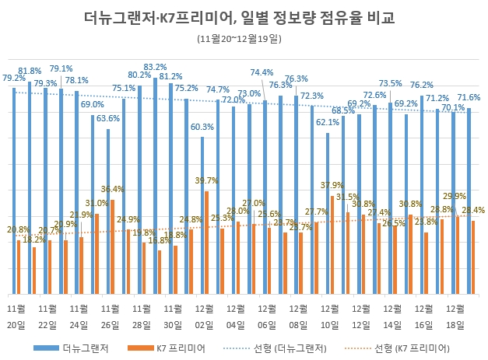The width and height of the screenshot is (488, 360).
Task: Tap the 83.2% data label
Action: pos(156,68)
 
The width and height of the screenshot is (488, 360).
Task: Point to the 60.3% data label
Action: pos(202,127)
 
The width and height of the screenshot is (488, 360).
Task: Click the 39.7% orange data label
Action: pos(206,181)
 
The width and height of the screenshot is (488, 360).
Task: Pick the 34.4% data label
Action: pos(112,189)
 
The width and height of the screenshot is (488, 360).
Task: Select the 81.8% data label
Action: pos(30,71)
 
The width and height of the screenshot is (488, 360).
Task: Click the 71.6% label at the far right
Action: pos(469,97)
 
